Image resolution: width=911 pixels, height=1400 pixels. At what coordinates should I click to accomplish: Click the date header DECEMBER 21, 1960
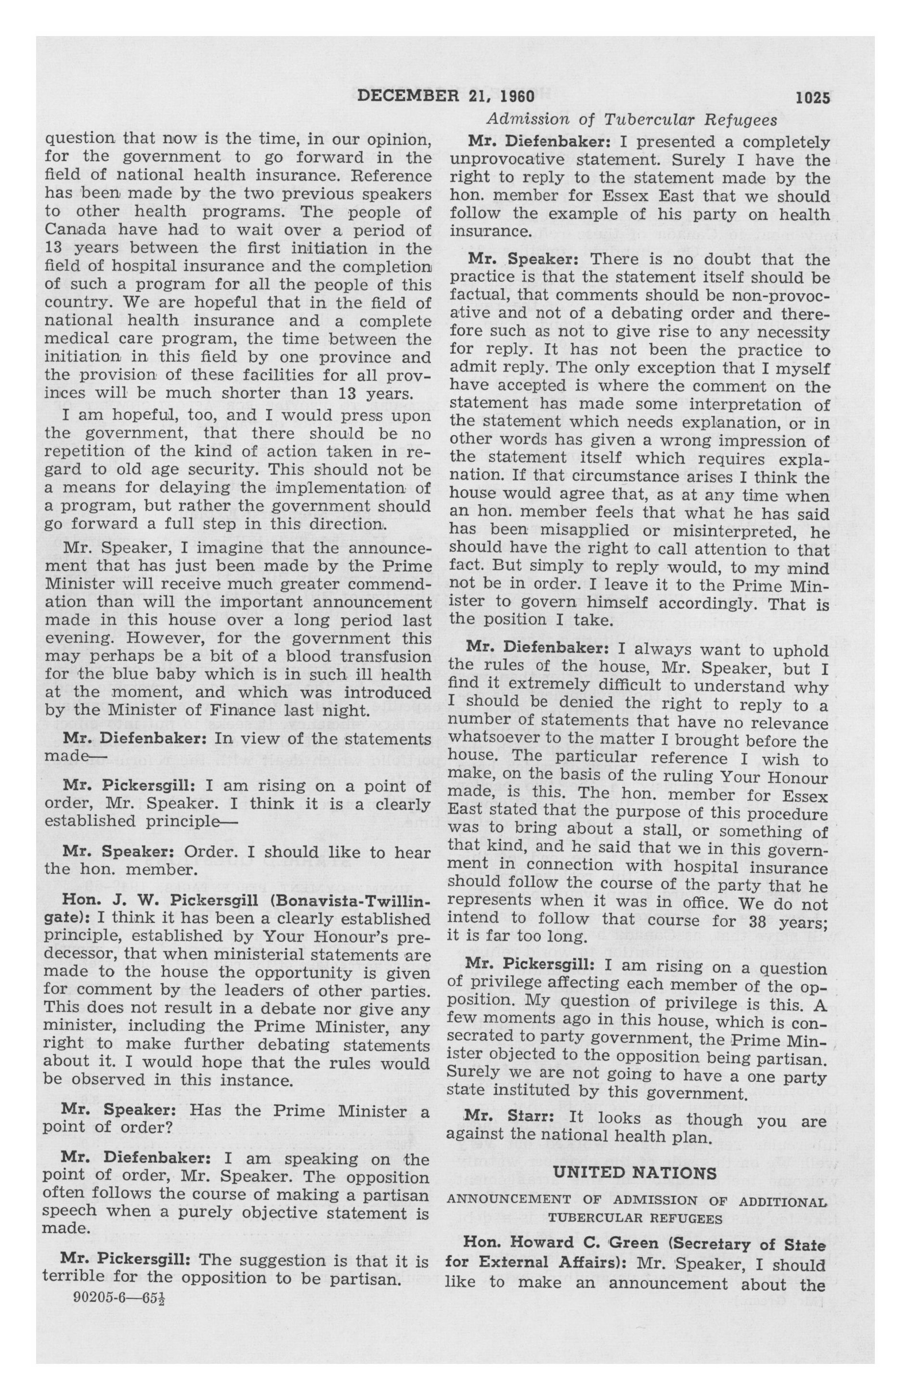[x=445, y=96]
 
